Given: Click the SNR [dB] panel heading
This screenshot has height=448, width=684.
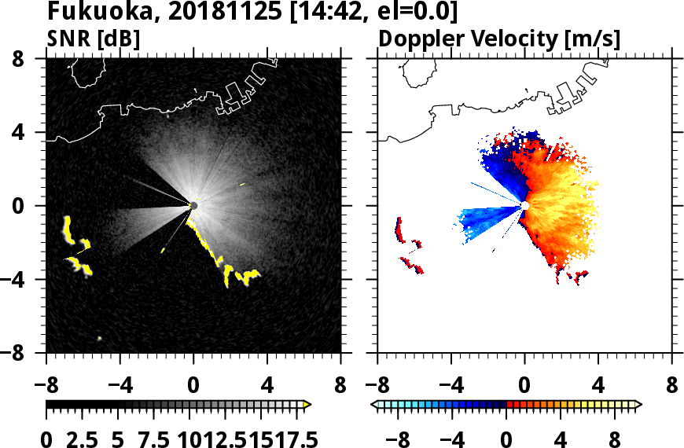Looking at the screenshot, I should [x=92, y=38].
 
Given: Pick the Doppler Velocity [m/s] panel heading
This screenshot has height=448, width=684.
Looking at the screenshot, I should [x=500, y=38].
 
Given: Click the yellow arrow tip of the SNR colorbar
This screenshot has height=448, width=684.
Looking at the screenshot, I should [x=307, y=404].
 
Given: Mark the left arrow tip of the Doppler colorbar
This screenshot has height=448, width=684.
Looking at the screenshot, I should [x=374, y=404].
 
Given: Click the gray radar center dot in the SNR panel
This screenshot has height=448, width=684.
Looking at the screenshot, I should [x=193, y=205].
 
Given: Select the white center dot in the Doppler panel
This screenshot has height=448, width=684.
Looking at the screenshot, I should [x=524, y=205].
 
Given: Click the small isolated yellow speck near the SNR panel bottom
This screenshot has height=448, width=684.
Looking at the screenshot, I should [x=100, y=338].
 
